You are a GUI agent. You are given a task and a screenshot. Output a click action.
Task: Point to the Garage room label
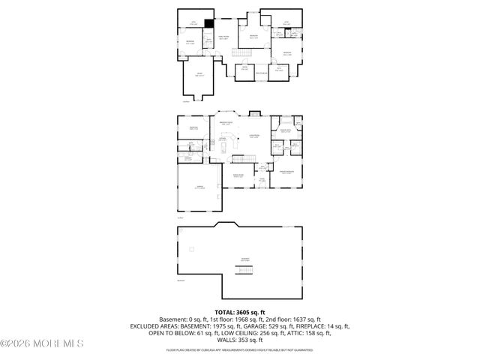click(199, 186)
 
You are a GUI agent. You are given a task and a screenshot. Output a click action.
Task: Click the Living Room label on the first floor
click(254, 136)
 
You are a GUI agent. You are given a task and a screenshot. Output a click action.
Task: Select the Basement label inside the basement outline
click(245, 259)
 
